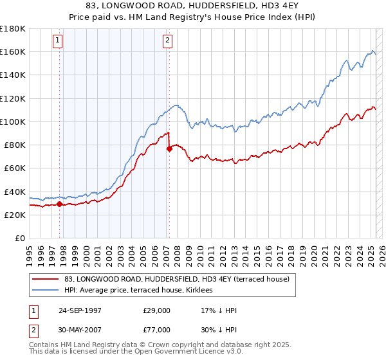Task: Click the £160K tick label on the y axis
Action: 13,51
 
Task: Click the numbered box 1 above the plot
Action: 58,40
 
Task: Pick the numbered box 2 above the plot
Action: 167,40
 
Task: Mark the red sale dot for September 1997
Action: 60,204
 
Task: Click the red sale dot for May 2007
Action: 169,148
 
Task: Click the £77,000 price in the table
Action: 157,330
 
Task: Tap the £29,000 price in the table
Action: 157,310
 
